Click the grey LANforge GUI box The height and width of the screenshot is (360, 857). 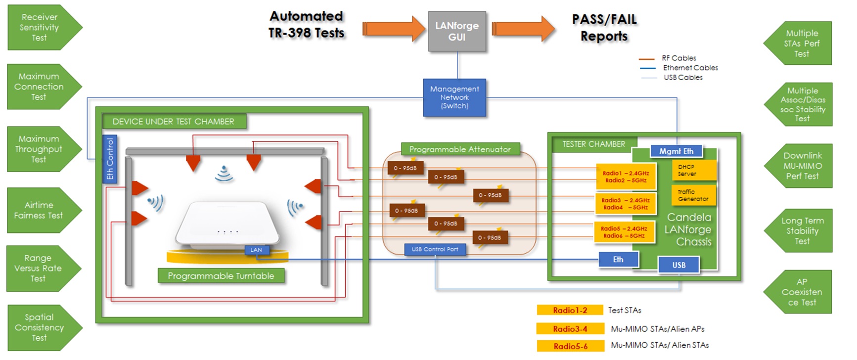(x=457, y=31)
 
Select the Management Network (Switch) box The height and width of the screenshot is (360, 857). (x=454, y=97)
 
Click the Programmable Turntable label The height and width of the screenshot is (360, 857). (x=221, y=276)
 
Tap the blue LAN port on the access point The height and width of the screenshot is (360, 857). (x=256, y=250)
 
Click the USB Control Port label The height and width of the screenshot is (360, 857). (x=435, y=249)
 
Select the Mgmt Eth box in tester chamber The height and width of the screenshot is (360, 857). (x=676, y=151)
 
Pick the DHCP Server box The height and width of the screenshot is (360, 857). (x=693, y=170)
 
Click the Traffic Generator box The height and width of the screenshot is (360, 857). (x=693, y=195)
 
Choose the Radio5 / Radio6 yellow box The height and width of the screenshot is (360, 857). (x=624, y=232)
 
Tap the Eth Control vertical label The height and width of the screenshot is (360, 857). (x=110, y=159)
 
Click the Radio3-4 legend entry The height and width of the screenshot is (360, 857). (x=570, y=329)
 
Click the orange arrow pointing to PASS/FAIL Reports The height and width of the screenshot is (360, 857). (x=523, y=29)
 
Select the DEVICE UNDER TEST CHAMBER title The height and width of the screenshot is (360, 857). (x=174, y=122)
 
